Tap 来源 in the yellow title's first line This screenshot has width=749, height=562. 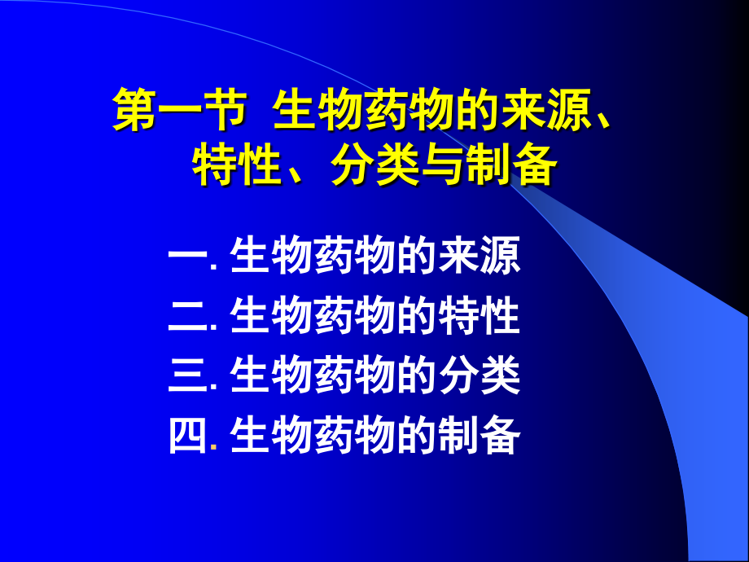(x=548, y=114)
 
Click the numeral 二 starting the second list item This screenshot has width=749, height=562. (x=186, y=317)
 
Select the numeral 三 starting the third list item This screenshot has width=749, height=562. (x=186, y=376)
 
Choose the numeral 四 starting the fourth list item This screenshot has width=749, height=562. (x=186, y=437)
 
